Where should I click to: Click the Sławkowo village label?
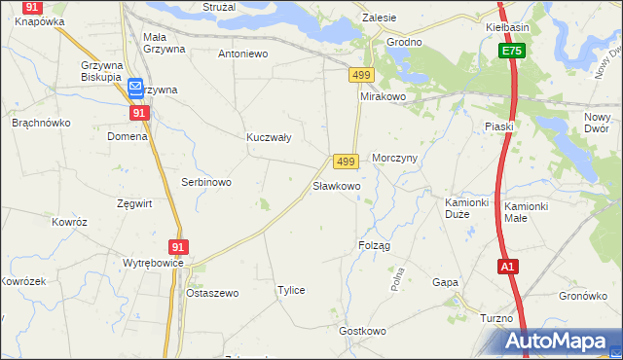(336, 185)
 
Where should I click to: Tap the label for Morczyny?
(395, 159)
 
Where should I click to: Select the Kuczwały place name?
(269, 138)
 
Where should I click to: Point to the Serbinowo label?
(205, 182)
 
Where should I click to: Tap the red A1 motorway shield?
(507, 267)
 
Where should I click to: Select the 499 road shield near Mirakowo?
(361, 75)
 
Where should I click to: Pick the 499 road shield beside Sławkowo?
(345, 161)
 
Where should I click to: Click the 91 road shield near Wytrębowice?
(177, 248)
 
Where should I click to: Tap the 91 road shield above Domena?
(138, 113)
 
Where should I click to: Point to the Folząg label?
(374, 245)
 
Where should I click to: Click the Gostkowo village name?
(363, 331)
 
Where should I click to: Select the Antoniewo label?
(242, 54)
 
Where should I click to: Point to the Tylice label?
(291, 290)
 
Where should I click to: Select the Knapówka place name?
(39, 20)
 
